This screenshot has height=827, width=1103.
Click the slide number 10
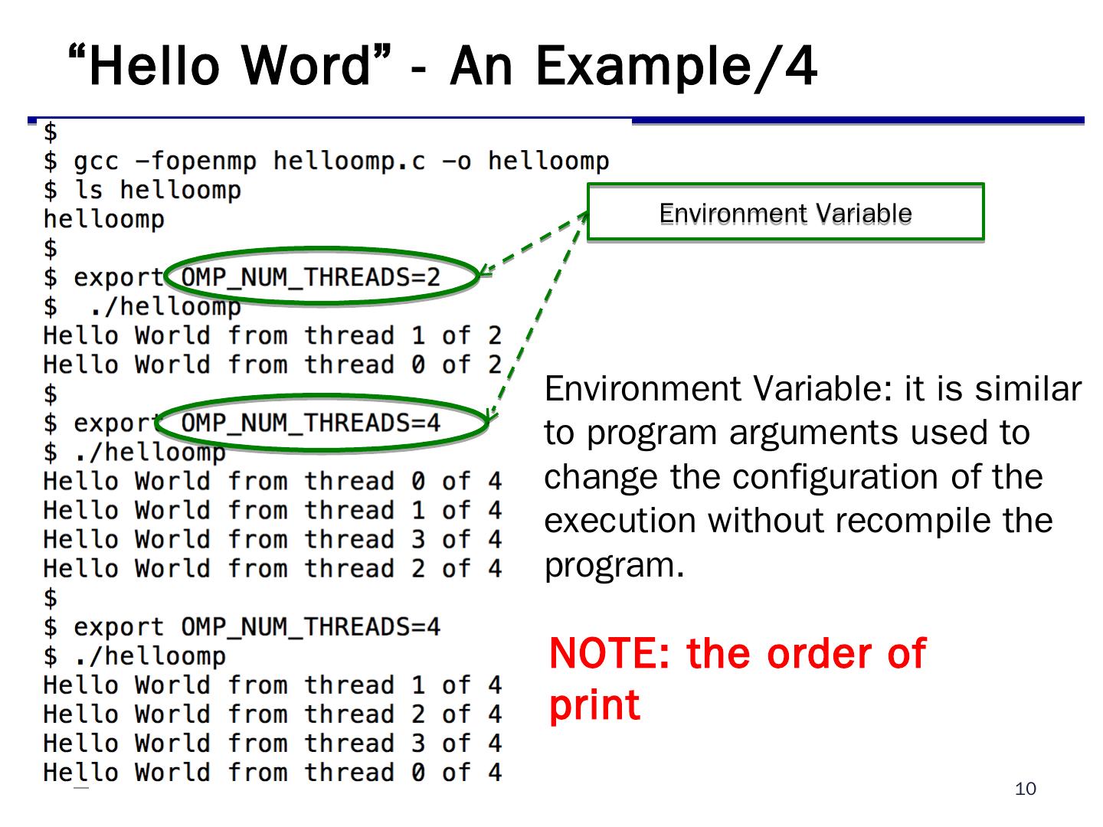pos(1025,789)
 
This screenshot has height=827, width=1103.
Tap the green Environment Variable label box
pos(785,213)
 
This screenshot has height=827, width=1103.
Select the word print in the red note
pos(594,705)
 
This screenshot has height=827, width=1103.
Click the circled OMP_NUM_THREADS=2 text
pos(310,276)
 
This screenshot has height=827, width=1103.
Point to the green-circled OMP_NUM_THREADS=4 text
pos(310,423)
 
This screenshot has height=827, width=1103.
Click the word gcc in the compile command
pos(96,161)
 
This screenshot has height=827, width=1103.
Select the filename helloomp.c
pos(349,161)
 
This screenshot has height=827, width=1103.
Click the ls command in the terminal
pos(88,190)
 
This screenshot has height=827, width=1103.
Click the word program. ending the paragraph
pos(614,565)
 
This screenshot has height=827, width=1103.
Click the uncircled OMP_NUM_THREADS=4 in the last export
pos(310,627)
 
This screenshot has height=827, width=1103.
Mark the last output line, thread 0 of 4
pos(272,772)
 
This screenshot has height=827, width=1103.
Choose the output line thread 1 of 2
pos(272,335)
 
